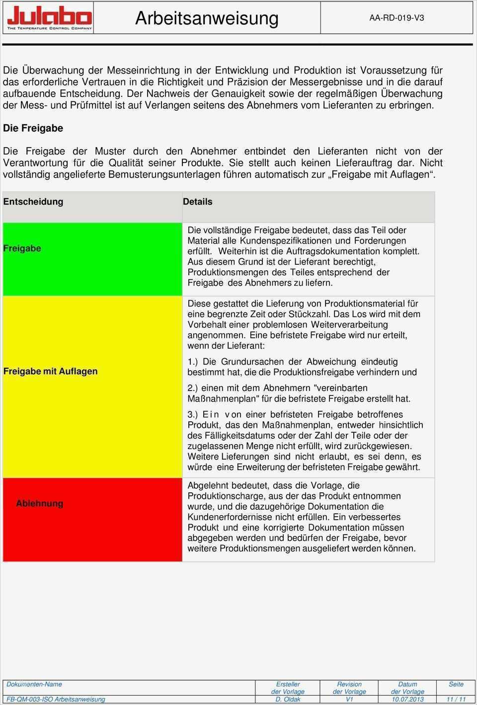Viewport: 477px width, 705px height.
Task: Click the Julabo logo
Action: pos(49,18)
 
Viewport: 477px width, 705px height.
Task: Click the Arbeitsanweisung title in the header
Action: pos(207,18)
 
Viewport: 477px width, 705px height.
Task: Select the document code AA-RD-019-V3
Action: pos(397,18)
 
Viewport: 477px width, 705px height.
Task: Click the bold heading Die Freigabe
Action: pos(33,128)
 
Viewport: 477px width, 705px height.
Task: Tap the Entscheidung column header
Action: pos(33,202)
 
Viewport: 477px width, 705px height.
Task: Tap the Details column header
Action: pos(197,202)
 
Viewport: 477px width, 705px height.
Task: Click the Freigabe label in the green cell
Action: pos(22,248)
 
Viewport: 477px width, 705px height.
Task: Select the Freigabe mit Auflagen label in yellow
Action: pos(50,371)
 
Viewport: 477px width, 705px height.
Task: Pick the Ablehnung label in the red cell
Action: pos(39,503)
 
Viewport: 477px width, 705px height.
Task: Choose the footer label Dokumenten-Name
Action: pos(34,684)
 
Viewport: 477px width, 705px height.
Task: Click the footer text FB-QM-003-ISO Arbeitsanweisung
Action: pos(56,699)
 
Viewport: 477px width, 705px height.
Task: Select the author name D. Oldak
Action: pos(288,699)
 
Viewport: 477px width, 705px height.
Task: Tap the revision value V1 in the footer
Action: pos(349,699)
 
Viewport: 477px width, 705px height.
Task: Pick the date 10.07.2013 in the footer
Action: pos(407,699)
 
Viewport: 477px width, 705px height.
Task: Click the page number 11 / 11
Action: pos(456,699)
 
